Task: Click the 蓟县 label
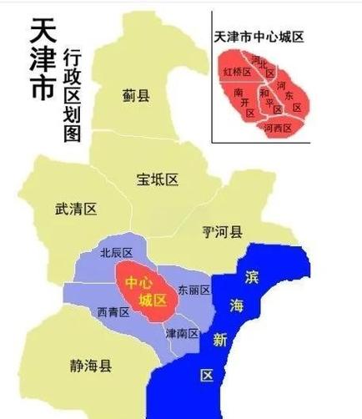(135, 97)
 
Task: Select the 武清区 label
(76, 209)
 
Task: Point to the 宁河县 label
(222, 231)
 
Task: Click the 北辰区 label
(116, 252)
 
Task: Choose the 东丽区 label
(194, 290)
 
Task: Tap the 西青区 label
(113, 312)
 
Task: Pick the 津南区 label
(182, 334)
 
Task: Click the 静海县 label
(91, 365)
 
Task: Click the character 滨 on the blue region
(253, 276)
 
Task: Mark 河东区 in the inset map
(293, 93)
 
